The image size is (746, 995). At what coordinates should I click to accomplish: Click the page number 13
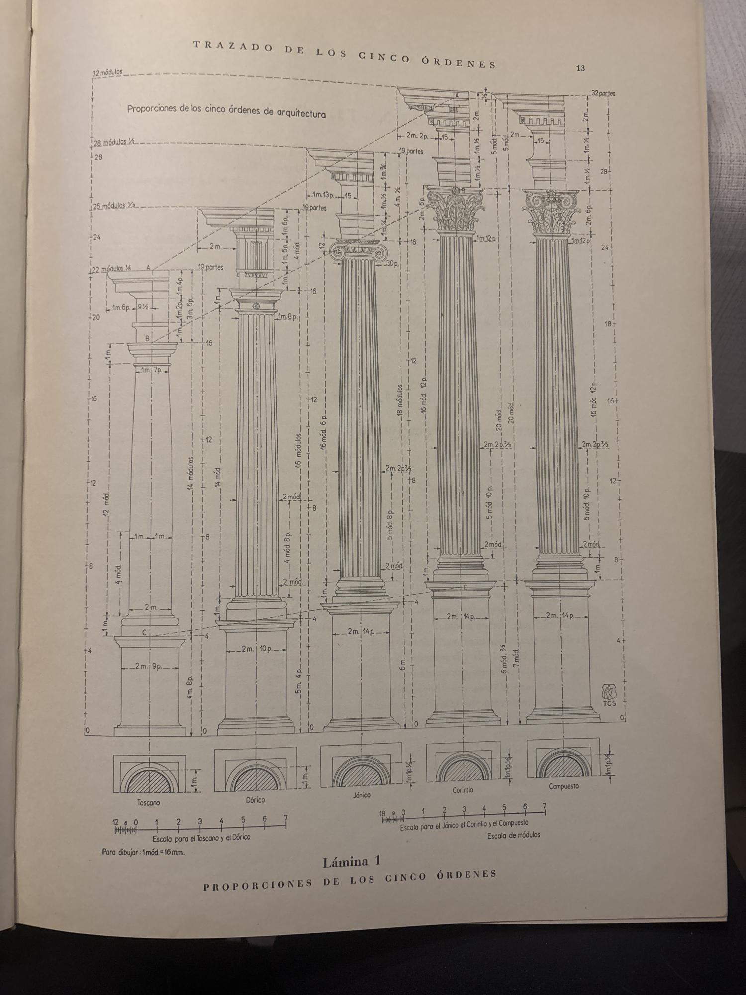[580, 69]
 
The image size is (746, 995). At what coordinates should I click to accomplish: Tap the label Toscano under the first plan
[148, 803]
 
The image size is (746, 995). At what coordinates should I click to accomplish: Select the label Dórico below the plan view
[255, 800]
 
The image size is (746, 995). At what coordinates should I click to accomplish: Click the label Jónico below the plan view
[362, 795]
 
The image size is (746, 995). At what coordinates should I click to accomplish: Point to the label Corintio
[463, 790]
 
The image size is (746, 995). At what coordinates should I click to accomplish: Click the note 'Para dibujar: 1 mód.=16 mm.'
[143, 852]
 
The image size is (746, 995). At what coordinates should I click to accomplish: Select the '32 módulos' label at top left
[107, 73]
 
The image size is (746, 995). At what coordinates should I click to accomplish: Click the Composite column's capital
[551, 211]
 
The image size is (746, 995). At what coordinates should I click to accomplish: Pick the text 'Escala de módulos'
[513, 835]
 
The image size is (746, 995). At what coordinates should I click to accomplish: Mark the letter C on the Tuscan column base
[144, 632]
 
